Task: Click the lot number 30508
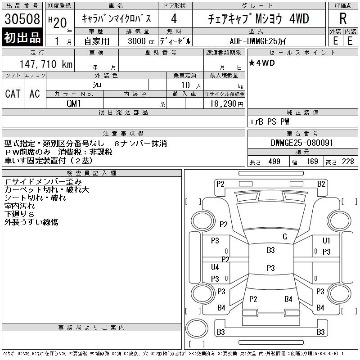[x=22, y=19]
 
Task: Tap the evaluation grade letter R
[x=343, y=18]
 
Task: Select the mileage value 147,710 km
[x=46, y=64]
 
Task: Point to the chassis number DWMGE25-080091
[x=302, y=143]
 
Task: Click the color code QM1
[x=74, y=103]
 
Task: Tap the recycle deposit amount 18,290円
[x=227, y=104]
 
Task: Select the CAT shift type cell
[x=13, y=94]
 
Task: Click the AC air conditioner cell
[x=35, y=94]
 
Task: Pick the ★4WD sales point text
[x=262, y=63]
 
